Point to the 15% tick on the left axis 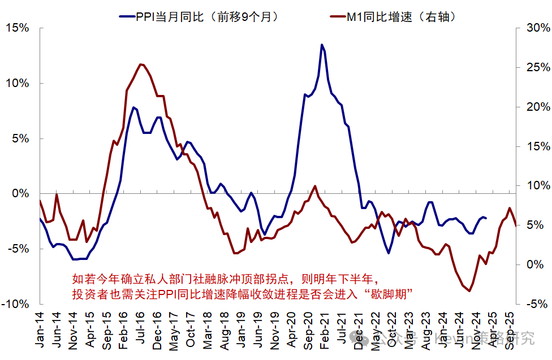click(x=20, y=28)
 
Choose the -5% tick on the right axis click(x=534, y=304)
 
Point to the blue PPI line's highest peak click(x=322, y=45)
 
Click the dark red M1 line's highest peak click(x=141, y=64)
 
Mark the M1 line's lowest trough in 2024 click(x=469, y=291)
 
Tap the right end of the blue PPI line click(x=486, y=218)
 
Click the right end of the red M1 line click(x=516, y=225)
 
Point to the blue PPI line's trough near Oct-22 click(x=389, y=253)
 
